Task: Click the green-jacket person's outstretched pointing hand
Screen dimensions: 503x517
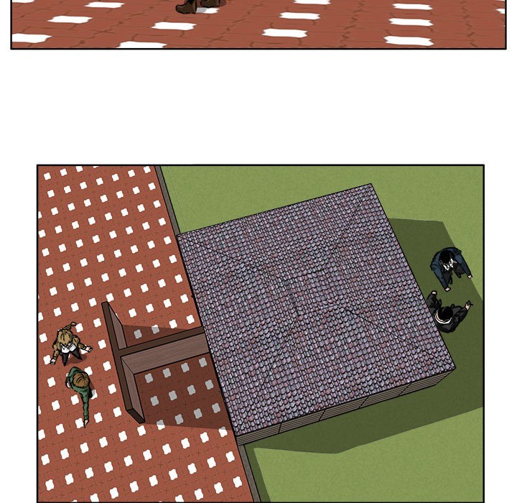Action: pyautogui.click(x=85, y=423)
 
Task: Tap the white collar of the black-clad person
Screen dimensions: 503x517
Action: pyautogui.click(x=437, y=310)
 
